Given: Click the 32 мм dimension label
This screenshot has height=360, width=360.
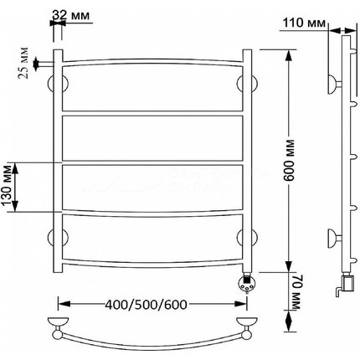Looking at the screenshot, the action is (x=71, y=16).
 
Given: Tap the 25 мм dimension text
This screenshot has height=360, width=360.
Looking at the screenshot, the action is (x=24, y=63).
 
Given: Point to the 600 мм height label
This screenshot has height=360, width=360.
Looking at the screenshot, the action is (x=291, y=161).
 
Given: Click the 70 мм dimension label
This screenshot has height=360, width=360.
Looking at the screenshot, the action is (x=296, y=292).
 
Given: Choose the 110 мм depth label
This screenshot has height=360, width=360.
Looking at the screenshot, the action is (x=304, y=23).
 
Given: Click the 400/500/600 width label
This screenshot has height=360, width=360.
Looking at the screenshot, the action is (x=146, y=305).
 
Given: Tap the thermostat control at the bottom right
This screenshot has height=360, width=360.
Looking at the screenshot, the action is (x=246, y=284).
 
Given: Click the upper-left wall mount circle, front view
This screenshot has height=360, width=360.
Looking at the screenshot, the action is (x=58, y=84).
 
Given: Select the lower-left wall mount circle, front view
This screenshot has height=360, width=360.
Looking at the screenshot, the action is (x=58, y=238).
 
